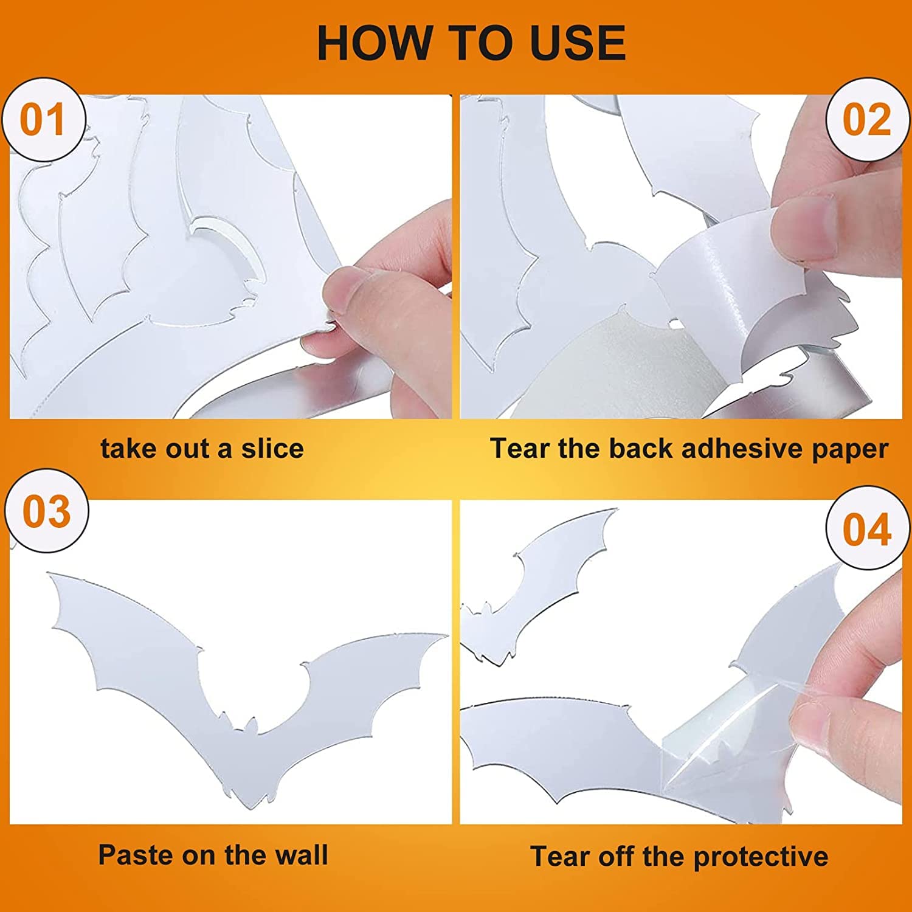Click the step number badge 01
tap(43, 120)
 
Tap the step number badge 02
tap(867, 120)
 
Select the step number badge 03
tap(46, 511)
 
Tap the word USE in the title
tap(578, 43)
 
